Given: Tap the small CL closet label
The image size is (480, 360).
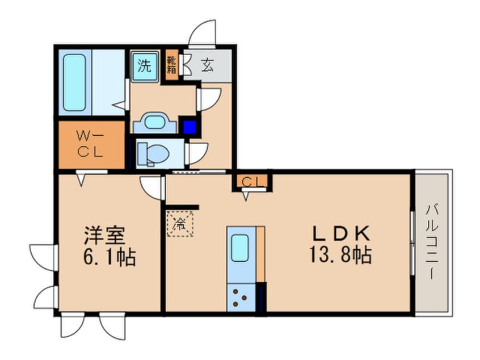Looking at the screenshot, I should tap(250, 181).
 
